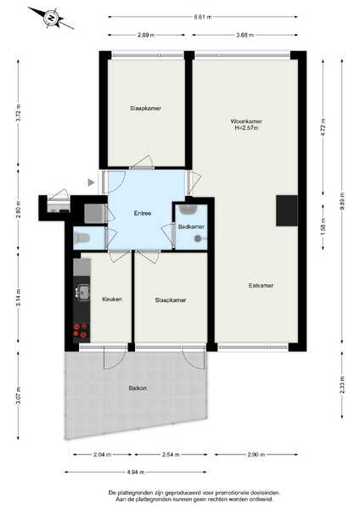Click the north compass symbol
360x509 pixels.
tap(51, 18)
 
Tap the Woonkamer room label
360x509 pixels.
tap(246, 121)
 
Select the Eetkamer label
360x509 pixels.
tap(261, 286)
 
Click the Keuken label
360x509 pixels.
tap(112, 299)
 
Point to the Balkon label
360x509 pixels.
tap(138, 389)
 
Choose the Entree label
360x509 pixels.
tap(143, 213)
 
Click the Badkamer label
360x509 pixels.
tap(191, 227)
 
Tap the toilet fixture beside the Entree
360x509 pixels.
tap(82, 238)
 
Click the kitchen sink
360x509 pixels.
tap(83, 292)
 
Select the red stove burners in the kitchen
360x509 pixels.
tap(80, 330)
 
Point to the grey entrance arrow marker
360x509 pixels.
tap(92, 182)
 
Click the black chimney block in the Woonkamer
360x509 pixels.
tap(287, 210)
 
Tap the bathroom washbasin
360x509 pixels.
tap(188, 210)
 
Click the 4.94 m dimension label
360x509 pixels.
tap(136, 472)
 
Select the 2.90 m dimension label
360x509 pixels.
tap(256, 455)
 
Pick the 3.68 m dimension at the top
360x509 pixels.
tap(245, 35)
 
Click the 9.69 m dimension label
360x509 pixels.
tap(342, 201)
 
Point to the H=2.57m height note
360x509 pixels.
tap(246, 128)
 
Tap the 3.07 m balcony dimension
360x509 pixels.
tap(18, 395)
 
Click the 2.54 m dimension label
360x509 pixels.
tap(171, 455)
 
